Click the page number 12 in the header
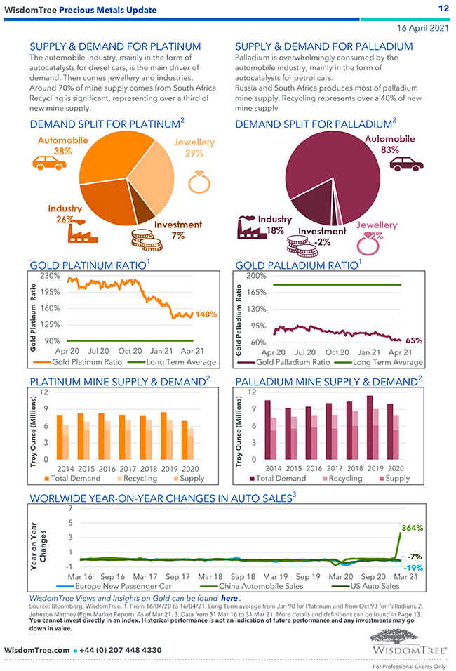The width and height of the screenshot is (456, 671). [x=443, y=8]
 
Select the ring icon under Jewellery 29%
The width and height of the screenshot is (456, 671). [x=199, y=180]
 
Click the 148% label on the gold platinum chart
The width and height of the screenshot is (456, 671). [x=206, y=314]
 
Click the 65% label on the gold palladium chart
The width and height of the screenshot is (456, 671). [x=414, y=340]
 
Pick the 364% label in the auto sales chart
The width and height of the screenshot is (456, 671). [x=412, y=527]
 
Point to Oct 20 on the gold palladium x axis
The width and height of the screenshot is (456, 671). [x=336, y=352]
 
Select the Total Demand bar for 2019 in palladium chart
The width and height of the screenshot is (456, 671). [x=370, y=428]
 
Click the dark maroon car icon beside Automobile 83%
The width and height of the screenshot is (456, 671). [x=407, y=164]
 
